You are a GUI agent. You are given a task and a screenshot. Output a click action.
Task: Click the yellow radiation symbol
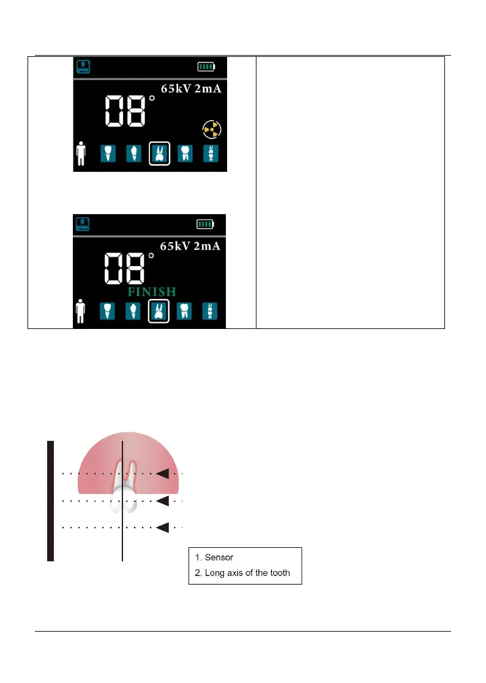(211, 129)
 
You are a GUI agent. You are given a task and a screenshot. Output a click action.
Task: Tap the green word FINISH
(151, 292)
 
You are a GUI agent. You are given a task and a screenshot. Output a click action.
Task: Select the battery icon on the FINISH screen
(206, 224)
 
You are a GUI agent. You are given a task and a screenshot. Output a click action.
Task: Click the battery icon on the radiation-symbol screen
(206, 67)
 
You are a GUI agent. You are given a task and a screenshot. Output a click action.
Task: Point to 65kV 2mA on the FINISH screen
(190, 246)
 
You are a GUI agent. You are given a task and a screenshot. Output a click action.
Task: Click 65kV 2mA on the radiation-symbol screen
(191, 89)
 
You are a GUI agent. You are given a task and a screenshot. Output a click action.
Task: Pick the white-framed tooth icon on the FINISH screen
(159, 311)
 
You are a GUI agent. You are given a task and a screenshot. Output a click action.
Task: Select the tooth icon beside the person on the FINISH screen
(108, 311)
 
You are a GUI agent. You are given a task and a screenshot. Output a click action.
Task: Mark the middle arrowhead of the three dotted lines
(163, 501)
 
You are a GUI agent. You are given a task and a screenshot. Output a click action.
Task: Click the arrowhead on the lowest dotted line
(163, 528)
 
